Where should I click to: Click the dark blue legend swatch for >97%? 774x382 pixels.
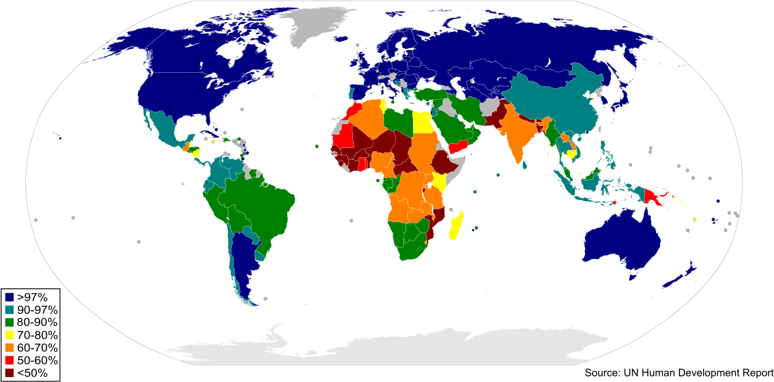[9, 297]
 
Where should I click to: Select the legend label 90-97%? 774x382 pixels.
[37, 310]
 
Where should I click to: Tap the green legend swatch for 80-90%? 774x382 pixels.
[9, 323]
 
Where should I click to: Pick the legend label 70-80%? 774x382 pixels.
[37, 335]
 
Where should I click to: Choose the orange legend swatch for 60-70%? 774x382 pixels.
[9, 348]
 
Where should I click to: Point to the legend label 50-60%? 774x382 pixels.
[37, 360]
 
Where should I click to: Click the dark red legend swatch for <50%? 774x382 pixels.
[9, 373]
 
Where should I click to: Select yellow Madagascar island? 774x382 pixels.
[457, 225]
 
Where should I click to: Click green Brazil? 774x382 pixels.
[259, 204]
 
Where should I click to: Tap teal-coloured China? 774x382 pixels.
[556, 105]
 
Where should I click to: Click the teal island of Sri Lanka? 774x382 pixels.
[525, 165]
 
